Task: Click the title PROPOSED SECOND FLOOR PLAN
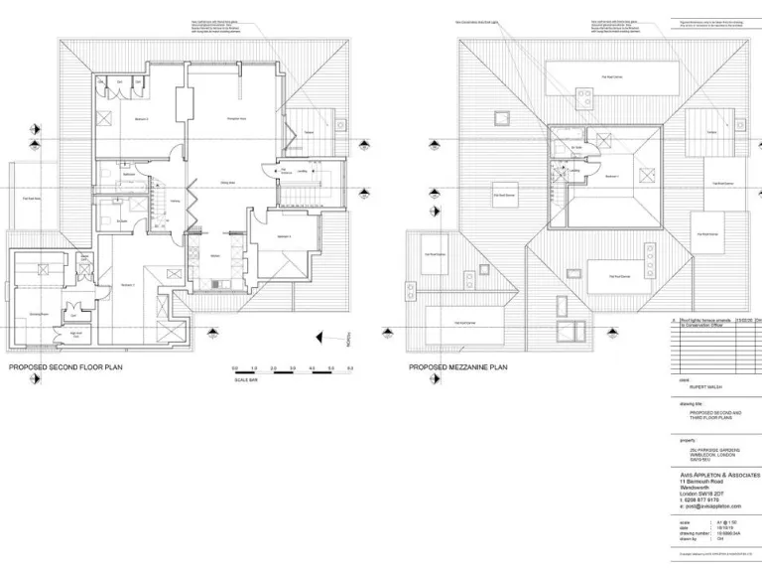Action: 65,367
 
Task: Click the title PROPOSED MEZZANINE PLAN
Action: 458,367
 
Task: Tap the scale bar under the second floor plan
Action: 293,371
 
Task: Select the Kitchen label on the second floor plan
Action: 215,256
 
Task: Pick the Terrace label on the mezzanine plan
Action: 711,132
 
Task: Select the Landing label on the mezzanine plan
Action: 574,169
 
